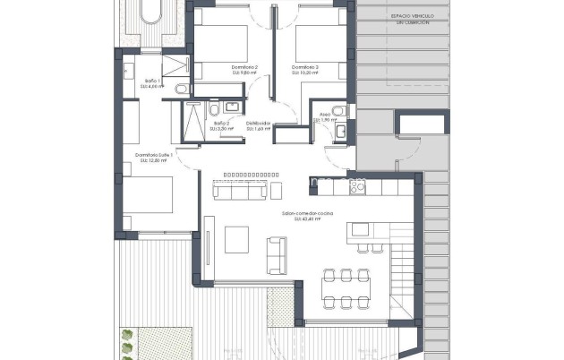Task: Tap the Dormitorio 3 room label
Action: tap(305, 67)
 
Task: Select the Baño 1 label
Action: tap(151, 81)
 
